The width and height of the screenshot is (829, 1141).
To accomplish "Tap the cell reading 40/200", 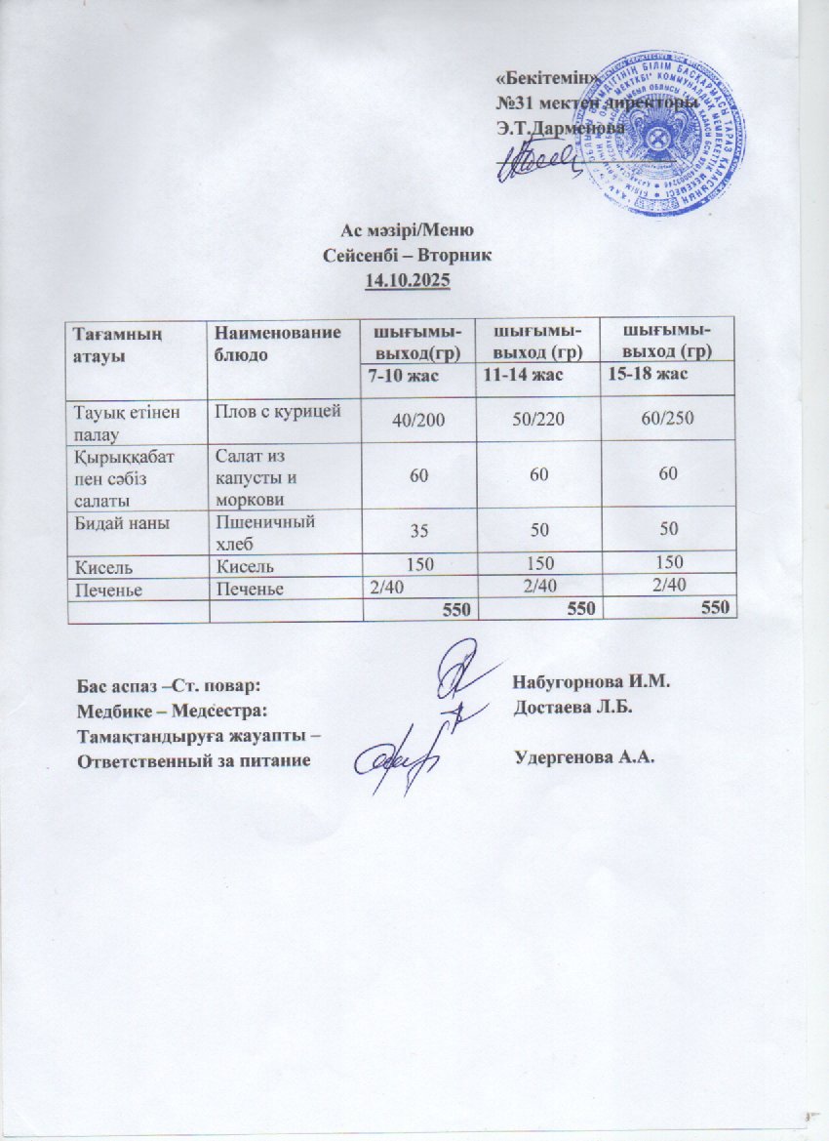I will [416, 419].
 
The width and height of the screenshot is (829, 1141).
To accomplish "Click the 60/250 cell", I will [668, 419].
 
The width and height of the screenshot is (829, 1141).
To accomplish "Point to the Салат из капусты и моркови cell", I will [256, 473].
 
